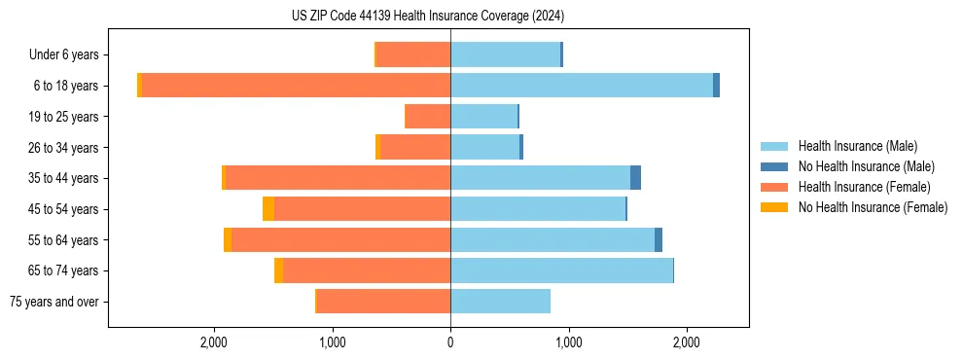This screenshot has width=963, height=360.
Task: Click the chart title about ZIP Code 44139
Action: click(x=427, y=17)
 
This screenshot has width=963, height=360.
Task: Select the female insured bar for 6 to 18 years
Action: click(x=296, y=86)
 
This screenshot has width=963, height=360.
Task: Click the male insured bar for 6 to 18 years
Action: click(x=581, y=86)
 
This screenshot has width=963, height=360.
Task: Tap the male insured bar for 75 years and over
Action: click(x=500, y=302)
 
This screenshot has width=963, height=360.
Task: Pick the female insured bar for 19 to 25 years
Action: click(x=428, y=117)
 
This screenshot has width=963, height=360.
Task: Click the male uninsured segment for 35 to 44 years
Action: click(x=635, y=178)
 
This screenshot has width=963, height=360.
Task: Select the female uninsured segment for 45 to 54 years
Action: click(x=268, y=209)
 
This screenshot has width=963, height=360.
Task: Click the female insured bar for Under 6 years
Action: click(x=413, y=54)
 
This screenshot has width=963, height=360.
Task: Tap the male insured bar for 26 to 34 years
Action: click(x=484, y=147)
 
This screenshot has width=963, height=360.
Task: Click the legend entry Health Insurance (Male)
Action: click(x=857, y=146)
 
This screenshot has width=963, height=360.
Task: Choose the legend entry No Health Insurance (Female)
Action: click(x=873, y=207)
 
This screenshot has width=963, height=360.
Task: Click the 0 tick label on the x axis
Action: click(x=450, y=342)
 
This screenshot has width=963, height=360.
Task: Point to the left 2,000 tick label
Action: click(x=213, y=342)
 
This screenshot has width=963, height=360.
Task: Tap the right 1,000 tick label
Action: click(x=568, y=342)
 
